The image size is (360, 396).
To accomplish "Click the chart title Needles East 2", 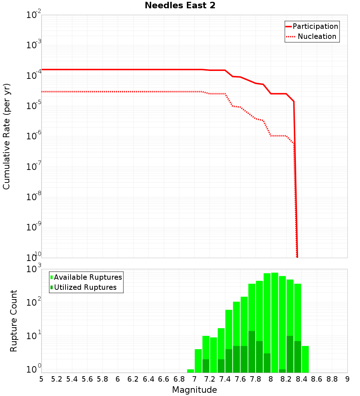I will click(x=180, y=6).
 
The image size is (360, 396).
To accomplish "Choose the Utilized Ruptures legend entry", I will click(x=85, y=288).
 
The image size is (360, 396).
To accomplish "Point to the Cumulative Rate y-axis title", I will click(x=7, y=136).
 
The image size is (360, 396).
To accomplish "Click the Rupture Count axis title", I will click(x=14, y=321).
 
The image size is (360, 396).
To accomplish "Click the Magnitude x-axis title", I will click(x=194, y=390).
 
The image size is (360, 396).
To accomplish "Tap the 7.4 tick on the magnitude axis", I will click(x=225, y=379).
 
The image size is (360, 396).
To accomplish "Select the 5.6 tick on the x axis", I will click(x=87, y=379).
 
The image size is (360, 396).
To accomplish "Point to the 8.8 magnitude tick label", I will click(x=332, y=379).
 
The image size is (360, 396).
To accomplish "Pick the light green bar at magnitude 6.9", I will click(x=190, y=371).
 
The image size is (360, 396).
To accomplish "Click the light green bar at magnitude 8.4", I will click(x=305, y=359).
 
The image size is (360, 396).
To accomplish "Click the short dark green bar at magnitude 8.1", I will click(x=282, y=371).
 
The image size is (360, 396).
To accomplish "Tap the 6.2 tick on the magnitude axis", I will click(x=133, y=379).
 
